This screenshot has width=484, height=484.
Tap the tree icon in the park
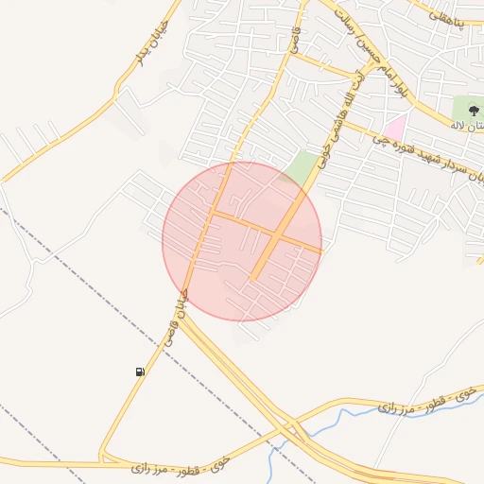click(x=474, y=111)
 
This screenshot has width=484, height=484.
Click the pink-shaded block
click(x=393, y=126)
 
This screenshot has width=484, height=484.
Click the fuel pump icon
click(x=141, y=372)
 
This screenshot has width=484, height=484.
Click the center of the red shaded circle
click(x=242, y=241)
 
